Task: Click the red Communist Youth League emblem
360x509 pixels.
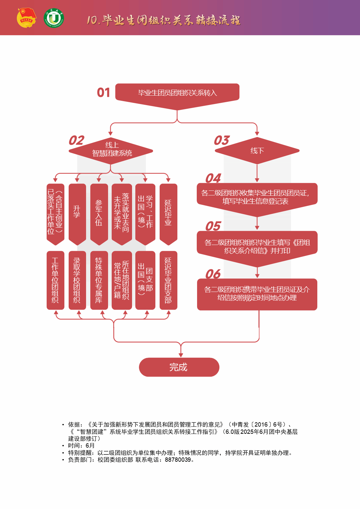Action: coord(26,18)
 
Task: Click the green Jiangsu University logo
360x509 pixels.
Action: coord(54,18)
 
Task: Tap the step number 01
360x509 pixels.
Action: coord(103,93)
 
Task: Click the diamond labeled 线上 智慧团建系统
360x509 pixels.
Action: coord(111,150)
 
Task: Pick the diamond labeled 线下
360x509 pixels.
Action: coord(257,151)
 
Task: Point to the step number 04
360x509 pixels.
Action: coord(213,178)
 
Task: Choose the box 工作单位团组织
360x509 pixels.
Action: coord(55,280)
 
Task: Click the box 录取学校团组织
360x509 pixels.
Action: coord(77,280)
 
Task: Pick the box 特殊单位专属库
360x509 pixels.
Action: coord(99,280)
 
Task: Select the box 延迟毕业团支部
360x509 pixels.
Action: coord(168,280)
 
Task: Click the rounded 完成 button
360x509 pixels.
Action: coord(179,367)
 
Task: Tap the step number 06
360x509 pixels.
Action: coord(213,274)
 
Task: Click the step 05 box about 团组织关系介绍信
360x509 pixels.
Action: coord(257,246)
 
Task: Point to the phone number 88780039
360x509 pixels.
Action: coord(178,460)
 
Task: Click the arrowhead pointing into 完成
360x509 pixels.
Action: coord(181,355)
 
